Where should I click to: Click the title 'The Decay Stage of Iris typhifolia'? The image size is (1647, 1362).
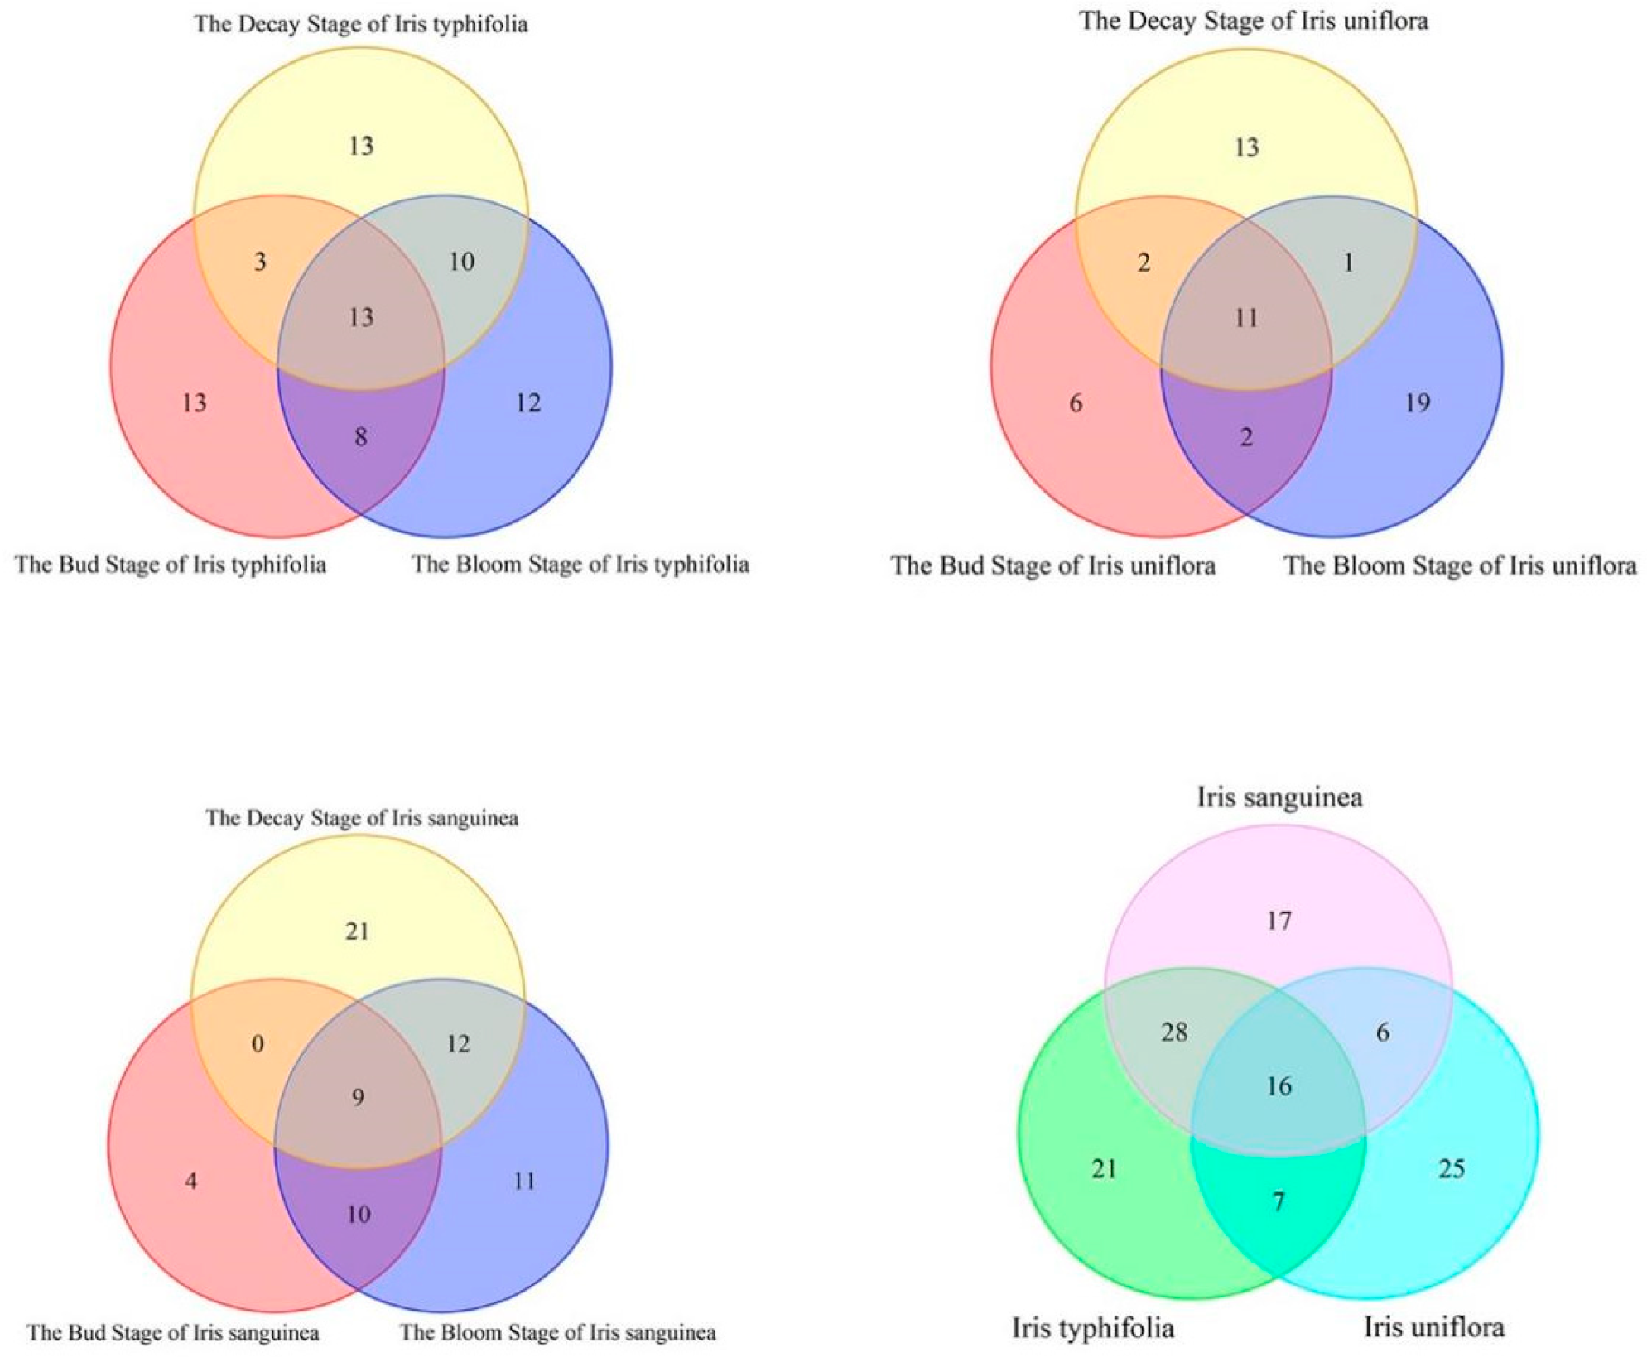pos(361,24)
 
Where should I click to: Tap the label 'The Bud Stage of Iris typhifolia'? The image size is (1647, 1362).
pos(171,565)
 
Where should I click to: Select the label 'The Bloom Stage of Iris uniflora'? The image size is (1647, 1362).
pos(1460,565)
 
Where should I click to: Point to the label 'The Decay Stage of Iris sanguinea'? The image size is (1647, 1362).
pos(362,818)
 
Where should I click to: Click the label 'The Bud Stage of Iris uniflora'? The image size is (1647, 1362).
pos(1053,565)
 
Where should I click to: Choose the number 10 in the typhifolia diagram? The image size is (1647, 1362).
pos(461,262)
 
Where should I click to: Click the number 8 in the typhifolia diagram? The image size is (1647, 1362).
pos(361,437)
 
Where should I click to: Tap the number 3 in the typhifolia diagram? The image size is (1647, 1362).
pos(260,262)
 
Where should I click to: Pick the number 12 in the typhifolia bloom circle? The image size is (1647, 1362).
pos(527,403)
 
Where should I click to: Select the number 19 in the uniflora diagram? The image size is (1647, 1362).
pos(1418,403)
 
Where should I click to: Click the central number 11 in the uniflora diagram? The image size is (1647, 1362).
pos(1246,318)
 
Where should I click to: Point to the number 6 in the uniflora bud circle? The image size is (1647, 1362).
pos(1076,403)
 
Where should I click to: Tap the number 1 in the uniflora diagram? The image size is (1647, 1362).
pos(1348,263)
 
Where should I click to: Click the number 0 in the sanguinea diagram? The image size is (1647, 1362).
pos(258,1043)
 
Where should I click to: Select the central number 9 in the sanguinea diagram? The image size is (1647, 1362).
pos(358,1098)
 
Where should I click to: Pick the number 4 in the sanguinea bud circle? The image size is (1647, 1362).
pos(191,1181)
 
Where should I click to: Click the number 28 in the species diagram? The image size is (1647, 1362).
pos(1174,1032)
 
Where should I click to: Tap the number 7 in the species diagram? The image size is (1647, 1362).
pos(1279,1201)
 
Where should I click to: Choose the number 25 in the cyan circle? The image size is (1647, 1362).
pos(1451,1168)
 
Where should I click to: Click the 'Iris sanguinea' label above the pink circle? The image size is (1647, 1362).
pos(1279,797)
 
